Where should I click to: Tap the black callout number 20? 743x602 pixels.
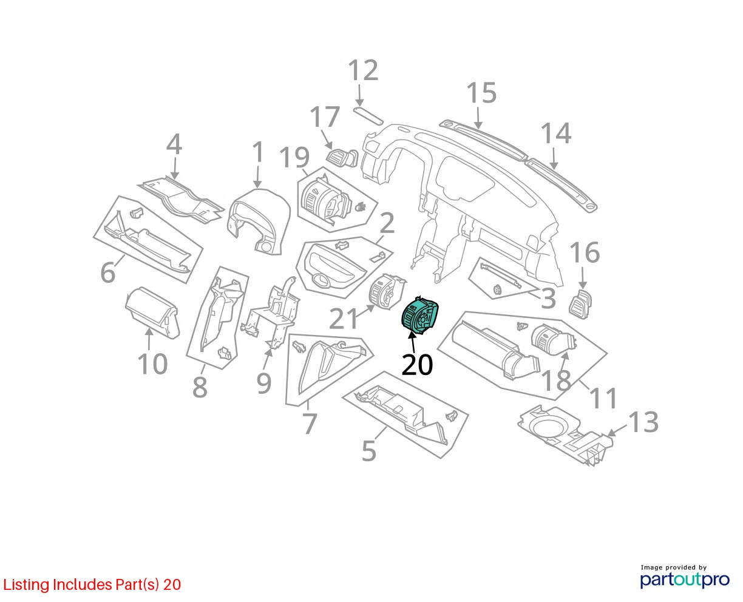(x=417, y=365)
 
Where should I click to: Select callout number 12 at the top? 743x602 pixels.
(x=363, y=70)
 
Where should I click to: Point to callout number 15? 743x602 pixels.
(x=481, y=93)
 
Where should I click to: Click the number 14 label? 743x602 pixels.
(x=555, y=133)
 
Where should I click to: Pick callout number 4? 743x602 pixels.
(x=174, y=144)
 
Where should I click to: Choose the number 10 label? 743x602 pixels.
(x=152, y=364)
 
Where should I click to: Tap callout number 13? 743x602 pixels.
(x=643, y=422)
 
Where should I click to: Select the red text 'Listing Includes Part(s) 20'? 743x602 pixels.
(x=92, y=584)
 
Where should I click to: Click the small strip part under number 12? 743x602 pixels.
(x=368, y=116)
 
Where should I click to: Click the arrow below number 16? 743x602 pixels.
(x=582, y=278)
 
